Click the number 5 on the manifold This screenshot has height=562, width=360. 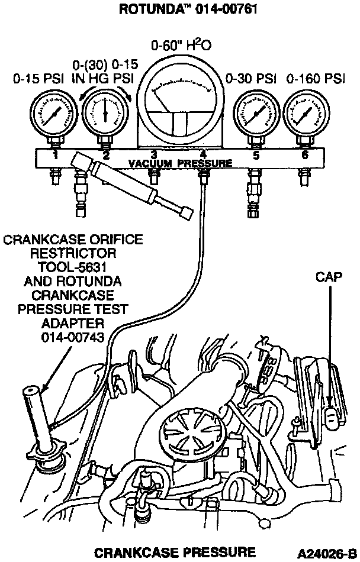256,156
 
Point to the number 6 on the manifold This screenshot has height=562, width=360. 305,156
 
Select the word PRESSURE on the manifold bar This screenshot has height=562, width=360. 202,163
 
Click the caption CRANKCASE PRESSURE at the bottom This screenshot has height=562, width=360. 175,552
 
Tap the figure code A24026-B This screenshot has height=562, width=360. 327,553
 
